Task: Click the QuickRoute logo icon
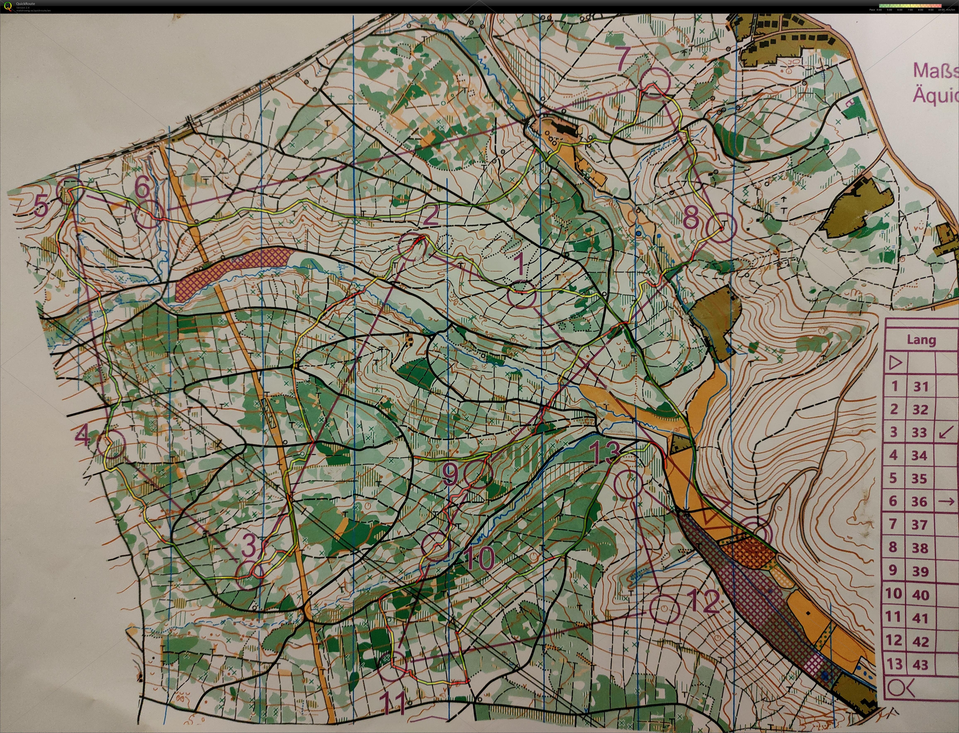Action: [x=7, y=6]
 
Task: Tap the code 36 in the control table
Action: [x=919, y=501]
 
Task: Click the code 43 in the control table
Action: [x=920, y=665]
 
